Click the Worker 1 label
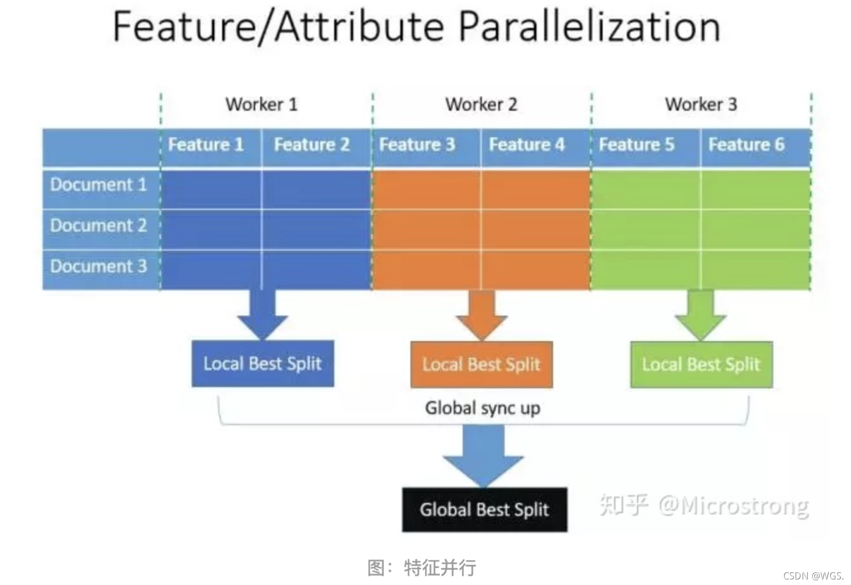click(261, 104)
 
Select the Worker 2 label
click(481, 104)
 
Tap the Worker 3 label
click(701, 104)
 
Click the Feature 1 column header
click(206, 145)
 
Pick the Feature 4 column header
click(527, 145)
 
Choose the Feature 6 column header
click(746, 145)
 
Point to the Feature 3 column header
click(417, 145)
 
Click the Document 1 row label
click(98, 185)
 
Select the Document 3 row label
click(98, 267)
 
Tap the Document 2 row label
click(98, 226)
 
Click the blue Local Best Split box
click(262, 363)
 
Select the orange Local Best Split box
click(481, 364)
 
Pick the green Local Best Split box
click(701, 364)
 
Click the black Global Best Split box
click(484, 509)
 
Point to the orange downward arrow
click(481, 314)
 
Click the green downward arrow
click(701, 314)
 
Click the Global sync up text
click(482, 408)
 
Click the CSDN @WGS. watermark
click(813, 576)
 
